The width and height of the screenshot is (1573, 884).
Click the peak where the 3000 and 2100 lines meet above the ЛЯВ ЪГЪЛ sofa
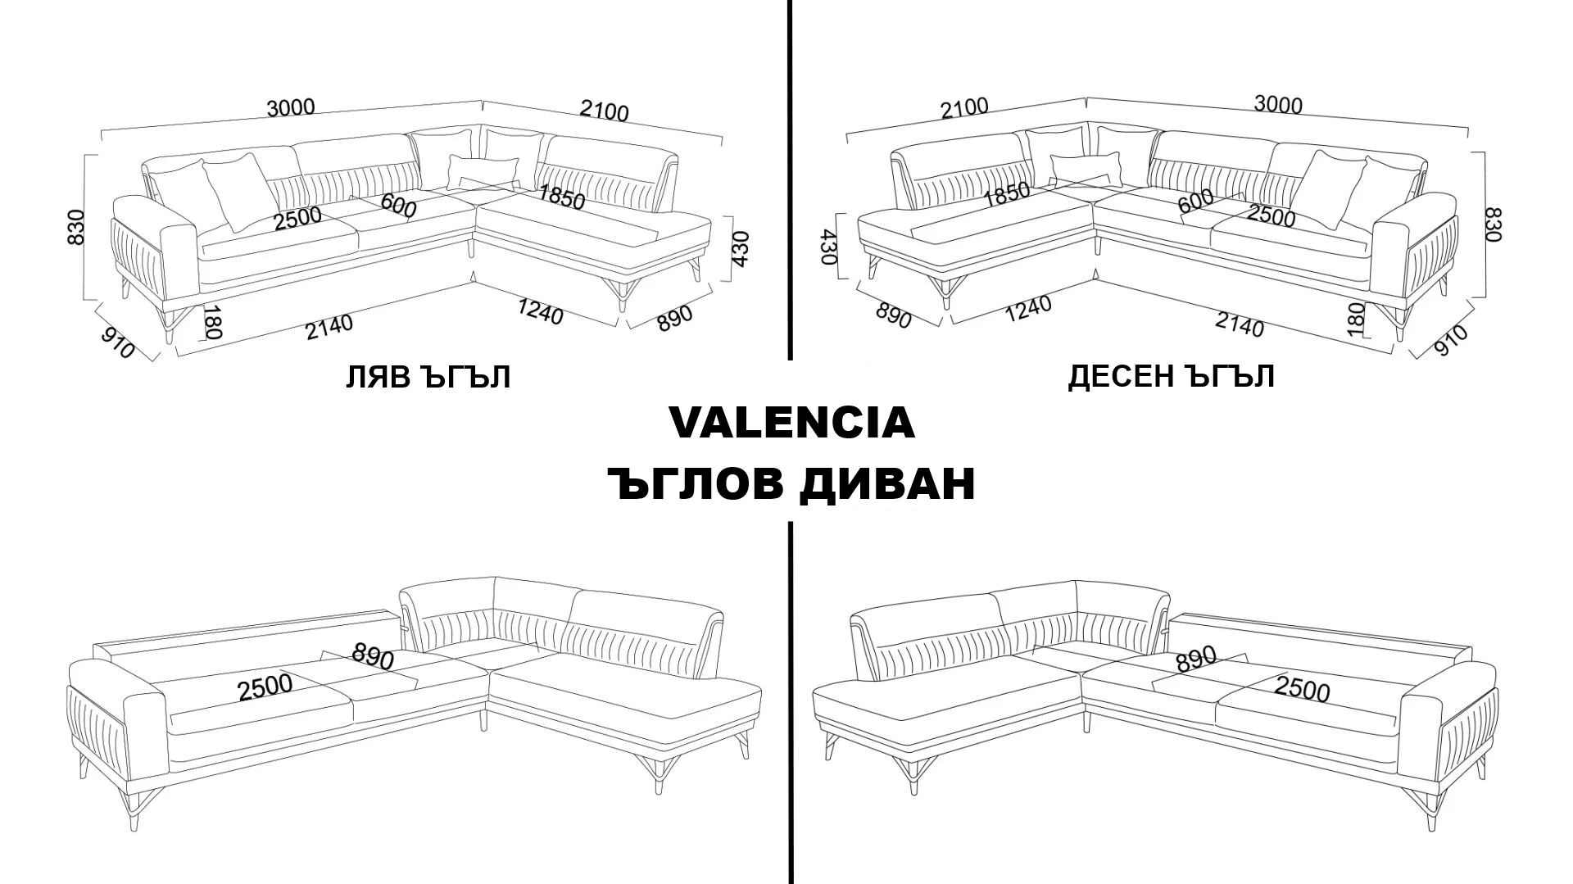482,101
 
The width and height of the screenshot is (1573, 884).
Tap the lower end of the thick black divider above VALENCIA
790,358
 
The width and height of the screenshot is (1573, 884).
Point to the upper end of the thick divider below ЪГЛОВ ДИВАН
790,524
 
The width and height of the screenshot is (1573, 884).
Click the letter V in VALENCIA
687,422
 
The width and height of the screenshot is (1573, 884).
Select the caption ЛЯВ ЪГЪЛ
428,377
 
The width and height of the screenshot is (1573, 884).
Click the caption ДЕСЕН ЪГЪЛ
1171,376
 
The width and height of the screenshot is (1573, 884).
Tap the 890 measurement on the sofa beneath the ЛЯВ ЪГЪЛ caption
373,656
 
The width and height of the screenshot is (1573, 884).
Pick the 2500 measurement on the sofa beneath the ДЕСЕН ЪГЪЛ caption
1302,689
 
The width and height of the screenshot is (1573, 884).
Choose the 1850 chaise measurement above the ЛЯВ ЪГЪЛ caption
561,197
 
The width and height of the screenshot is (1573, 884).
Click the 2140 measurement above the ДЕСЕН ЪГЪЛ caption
1239,325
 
